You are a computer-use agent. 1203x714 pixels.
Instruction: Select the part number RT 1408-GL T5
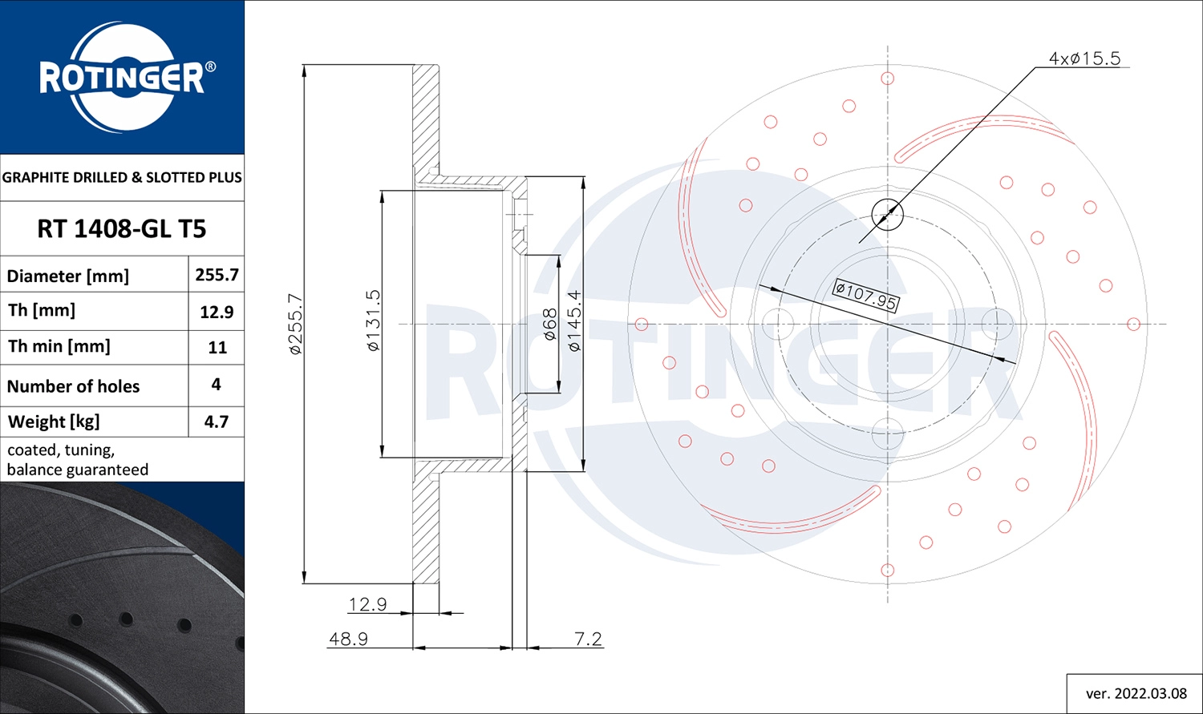click(122, 229)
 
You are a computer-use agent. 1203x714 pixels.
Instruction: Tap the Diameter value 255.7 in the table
click(217, 275)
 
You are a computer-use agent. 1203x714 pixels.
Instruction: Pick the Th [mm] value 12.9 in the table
click(217, 312)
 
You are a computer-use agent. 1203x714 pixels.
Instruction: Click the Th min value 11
click(217, 348)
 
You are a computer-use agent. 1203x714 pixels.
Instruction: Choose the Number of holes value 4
click(216, 385)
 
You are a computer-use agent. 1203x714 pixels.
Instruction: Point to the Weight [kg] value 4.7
click(216, 422)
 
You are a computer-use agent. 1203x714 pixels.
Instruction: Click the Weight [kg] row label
click(54, 422)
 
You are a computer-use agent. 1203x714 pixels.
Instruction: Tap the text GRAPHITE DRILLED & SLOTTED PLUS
click(122, 177)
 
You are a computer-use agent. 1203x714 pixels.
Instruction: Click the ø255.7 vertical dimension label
click(295, 324)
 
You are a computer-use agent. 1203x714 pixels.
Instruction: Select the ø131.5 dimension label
click(374, 321)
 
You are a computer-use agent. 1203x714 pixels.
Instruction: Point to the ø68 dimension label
click(550, 325)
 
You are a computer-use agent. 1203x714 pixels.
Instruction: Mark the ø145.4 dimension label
click(574, 321)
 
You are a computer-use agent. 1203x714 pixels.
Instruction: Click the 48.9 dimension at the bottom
click(348, 639)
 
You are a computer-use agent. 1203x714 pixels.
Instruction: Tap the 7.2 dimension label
click(588, 639)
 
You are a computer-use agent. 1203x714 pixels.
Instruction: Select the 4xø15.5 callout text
click(1084, 58)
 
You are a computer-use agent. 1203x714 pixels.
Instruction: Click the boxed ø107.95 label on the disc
click(865, 295)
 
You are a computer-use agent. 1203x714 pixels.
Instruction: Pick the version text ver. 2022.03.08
click(1136, 693)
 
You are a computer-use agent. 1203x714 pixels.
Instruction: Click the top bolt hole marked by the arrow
click(887, 214)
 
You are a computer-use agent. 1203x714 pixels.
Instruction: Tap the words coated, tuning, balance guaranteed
click(78, 460)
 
